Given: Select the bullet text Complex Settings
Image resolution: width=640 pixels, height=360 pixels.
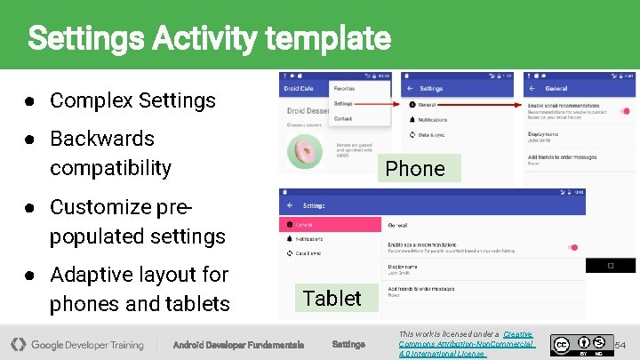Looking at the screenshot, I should pyautogui.click(x=132, y=100).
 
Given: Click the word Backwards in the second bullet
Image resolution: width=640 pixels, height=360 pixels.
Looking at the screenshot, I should pyautogui.click(x=102, y=139).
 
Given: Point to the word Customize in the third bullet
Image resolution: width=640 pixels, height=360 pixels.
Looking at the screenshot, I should pyautogui.click(x=101, y=207).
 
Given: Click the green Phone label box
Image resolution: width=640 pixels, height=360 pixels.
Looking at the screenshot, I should pyautogui.click(x=415, y=168).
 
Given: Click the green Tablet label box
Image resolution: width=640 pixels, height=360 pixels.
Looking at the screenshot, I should pyautogui.click(x=332, y=298).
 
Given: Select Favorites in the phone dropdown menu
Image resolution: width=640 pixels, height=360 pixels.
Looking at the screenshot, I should pyautogui.click(x=345, y=89).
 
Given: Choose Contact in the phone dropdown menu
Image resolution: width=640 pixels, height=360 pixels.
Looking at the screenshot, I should pyautogui.click(x=343, y=118).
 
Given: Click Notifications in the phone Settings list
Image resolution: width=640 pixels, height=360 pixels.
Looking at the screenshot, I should pyautogui.click(x=434, y=118).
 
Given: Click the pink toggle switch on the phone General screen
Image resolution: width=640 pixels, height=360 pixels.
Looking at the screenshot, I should pyautogui.click(x=627, y=111).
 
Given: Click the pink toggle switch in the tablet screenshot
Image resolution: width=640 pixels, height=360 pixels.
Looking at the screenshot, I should pyautogui.click(x=572, y=247).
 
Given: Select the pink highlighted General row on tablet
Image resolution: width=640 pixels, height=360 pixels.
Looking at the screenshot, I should pyautogui.click(x=330, y=225).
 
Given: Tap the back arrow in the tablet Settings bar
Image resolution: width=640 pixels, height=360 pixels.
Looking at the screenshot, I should pyautogui.click(x=289, y=205).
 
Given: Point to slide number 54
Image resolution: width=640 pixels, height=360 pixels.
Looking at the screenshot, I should pyautogui.click(x=620, y=344).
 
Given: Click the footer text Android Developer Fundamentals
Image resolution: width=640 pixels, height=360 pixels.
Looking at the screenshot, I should pyautogui.click(x=238, y=345).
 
